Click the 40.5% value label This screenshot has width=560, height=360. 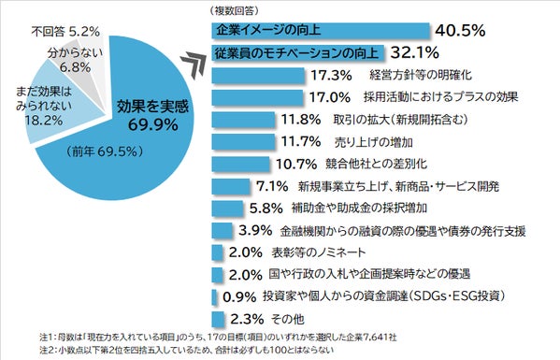[x=461, y=30]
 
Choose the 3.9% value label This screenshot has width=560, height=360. [x=254, y=230]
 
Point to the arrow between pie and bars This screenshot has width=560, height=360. [x=194, y=62]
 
